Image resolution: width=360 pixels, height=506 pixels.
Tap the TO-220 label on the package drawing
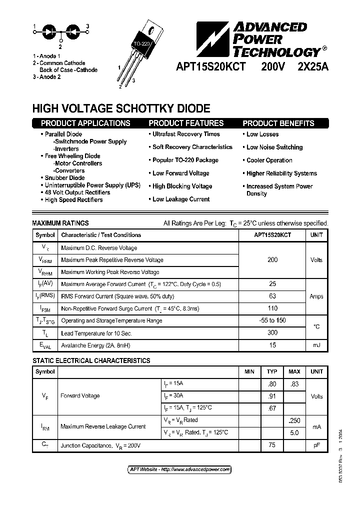(140, 45)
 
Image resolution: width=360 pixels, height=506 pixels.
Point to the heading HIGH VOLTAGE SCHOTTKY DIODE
(121, 108)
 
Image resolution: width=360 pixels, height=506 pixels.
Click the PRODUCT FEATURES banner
(186, 123)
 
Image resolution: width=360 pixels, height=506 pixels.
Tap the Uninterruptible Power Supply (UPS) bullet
(92, 185)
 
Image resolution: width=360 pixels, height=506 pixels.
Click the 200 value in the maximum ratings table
(272, 260)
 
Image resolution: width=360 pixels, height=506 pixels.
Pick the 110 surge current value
(272, 308)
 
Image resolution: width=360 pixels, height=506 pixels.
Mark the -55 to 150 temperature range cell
(272, 320)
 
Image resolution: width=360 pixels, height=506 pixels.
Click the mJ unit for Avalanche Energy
(316, 345)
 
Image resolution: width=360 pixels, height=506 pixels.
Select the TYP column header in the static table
(272, 372)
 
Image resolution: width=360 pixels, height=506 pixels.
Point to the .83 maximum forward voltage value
(294, 384)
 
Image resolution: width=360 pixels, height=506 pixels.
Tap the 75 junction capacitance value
(272, 444)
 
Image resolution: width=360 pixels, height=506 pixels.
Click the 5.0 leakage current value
(294, 432)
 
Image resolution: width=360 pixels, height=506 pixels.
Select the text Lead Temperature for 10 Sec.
(96, 333)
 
